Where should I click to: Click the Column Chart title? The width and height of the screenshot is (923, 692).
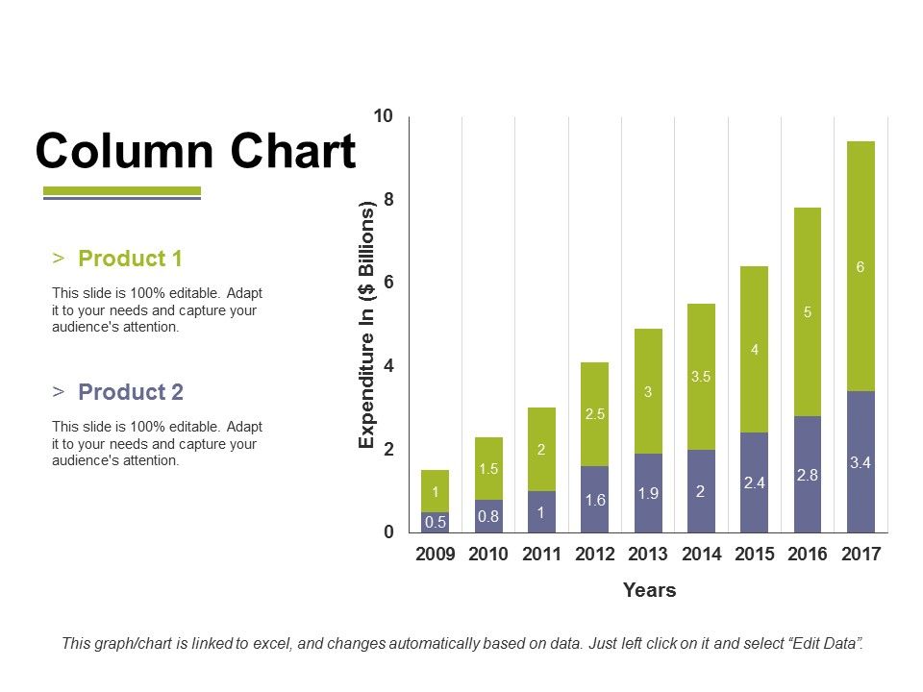[x=195, y=151]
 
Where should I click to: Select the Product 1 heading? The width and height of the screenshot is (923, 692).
[x=130, y=259]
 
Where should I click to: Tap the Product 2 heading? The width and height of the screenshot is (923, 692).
[x=130, y=392]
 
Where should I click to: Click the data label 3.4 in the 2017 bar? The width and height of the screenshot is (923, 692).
[x=861, y=463]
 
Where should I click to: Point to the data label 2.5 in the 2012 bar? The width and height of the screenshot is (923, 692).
[x=594, y=414]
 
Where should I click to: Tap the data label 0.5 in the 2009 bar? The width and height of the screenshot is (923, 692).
[x=435, y=523]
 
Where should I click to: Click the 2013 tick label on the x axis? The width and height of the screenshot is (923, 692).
[x=648, y=555]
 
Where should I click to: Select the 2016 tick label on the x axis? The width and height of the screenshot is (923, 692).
[x=808, y=555]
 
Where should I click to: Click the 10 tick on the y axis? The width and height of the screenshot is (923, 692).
[x=384, y=116]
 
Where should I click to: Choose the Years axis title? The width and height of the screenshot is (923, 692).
[x=649, y=590]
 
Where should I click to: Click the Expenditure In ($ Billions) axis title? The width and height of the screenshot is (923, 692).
[x=366, y=326]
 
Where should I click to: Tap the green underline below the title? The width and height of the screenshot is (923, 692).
[x=122, y=190]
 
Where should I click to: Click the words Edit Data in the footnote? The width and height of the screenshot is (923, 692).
[x=823, y=643]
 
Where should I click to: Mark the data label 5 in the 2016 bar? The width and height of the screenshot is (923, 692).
[x=808, y=312]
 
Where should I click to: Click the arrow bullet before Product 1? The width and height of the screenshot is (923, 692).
[x=60, y=259]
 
